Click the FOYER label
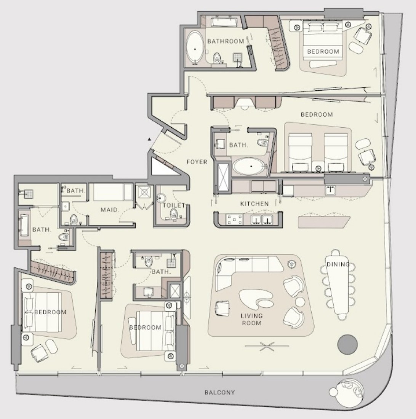(197, 162)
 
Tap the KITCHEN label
(254, 204)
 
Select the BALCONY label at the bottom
(220, 393)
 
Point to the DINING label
(338, 265)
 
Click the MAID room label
(110, 210)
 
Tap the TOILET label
(174, 205)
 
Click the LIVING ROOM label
(252, 319)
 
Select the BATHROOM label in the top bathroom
(226, 41)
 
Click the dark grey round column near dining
(347, 344)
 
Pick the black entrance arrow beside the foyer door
(149, 139)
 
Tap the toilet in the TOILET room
(174, 214)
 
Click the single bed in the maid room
(112, 192)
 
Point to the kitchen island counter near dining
(324, 222)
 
